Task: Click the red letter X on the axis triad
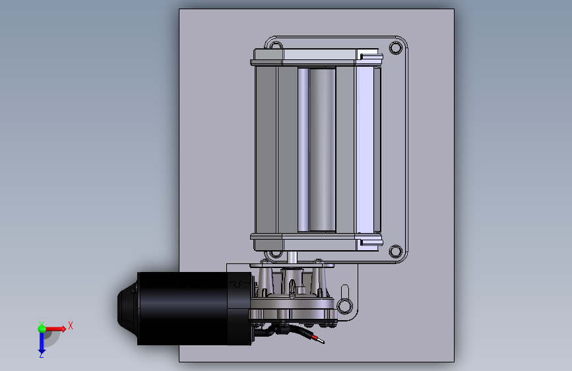tap(71, 325)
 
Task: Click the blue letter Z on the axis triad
tap(42, 354)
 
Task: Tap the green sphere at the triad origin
tap(42, 329)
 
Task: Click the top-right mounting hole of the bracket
tap(396, 48)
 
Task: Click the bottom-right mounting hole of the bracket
tap(396, 252)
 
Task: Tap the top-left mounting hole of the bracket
tap(276, 46)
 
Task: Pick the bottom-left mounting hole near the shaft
tap(276, 253)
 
